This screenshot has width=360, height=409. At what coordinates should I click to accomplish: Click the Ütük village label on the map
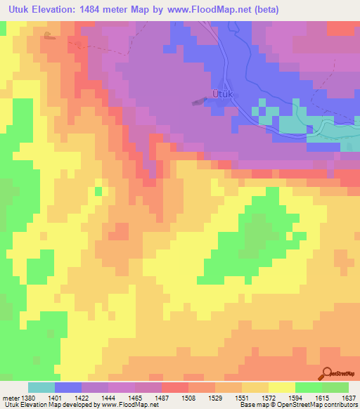click(x=221, y=93)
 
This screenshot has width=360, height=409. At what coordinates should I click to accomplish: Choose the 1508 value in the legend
click(x=175, y=397)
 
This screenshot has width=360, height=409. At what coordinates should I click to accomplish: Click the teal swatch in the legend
click(x=41, y=387)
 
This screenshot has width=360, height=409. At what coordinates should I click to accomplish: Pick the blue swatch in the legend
click(x=68, y=387)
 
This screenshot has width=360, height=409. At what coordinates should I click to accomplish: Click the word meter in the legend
click(x=8, y=397)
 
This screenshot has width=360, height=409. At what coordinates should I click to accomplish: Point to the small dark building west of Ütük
click(x=198, y=102)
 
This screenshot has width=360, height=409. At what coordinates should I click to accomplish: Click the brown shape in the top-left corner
click(x=48, y=35)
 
